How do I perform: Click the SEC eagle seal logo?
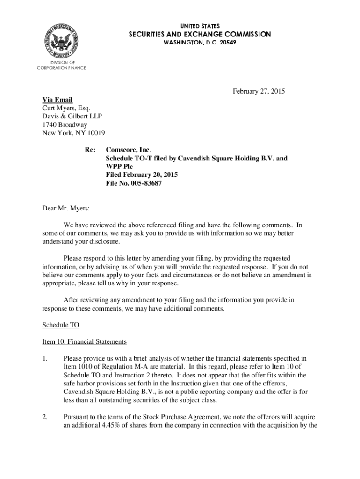click(62, 40)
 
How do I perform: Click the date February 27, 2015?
click(259, 91)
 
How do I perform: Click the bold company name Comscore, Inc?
click(128, 150)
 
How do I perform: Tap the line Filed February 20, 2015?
click(142, 175)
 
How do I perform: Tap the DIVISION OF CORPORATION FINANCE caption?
click(62, 65)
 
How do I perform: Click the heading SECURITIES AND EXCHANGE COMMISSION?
click(200, 34)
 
